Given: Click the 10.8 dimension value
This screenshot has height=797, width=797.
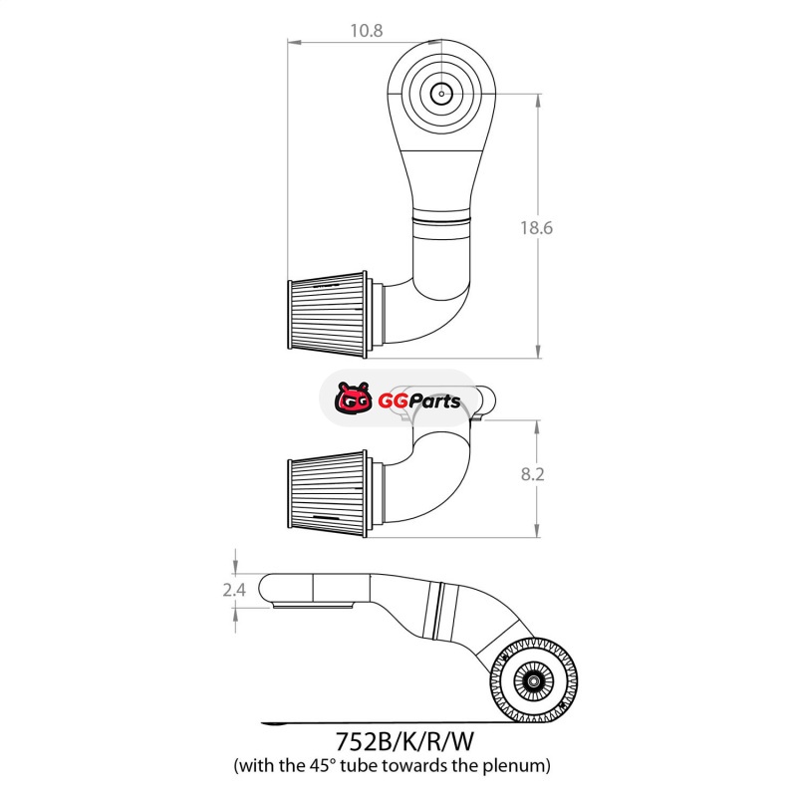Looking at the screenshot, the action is coord(366,31).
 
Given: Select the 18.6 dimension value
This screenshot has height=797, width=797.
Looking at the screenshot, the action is coord(536,228).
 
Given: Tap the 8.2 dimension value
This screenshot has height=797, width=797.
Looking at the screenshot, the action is coord(532,474).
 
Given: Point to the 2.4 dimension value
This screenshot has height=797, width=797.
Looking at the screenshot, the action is coord(234,590).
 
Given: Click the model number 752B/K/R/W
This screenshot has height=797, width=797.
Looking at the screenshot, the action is coord(404,741).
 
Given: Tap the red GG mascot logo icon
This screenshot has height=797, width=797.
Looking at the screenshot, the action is coord(353,398).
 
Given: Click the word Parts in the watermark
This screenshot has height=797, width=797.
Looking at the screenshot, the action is coord(432,401).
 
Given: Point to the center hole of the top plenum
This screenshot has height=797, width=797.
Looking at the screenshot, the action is coord(441,94).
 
